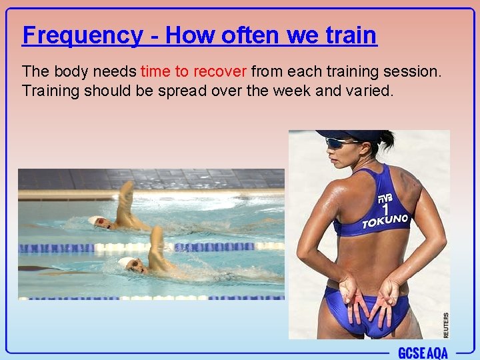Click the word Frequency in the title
coord(82,35)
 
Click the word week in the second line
coord(293,90)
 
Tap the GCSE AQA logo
coord(423,353)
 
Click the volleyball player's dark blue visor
coord(347,135)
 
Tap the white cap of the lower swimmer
coord(126,263)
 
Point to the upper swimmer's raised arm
coord(125,203)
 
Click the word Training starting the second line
coord(51,90)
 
